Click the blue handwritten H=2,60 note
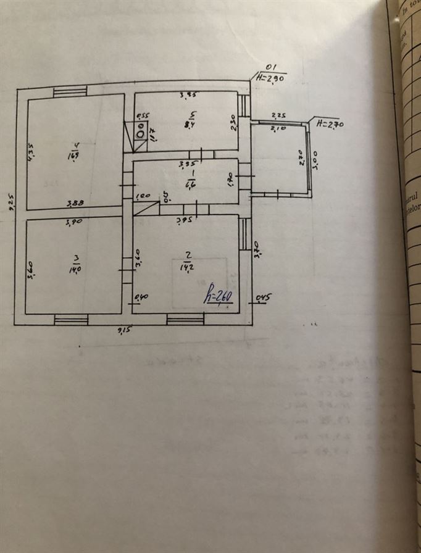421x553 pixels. (x=219, y=297)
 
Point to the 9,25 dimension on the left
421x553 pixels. (x=10, y=201)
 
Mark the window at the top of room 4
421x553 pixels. (x=69, y=93)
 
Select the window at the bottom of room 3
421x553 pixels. (x=71, y=319)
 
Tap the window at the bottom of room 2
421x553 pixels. (x=185, y=319)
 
